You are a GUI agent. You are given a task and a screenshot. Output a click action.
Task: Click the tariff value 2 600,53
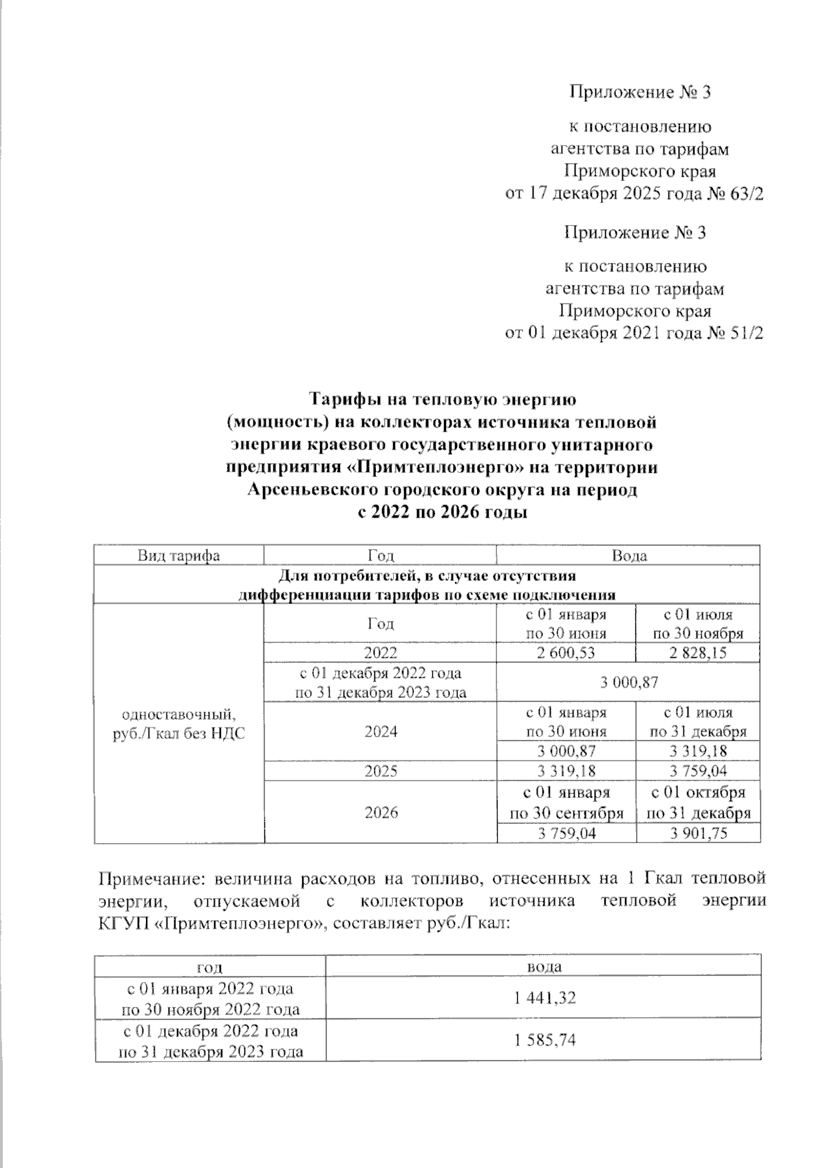pos(566,652)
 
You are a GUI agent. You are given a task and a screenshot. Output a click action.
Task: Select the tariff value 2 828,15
pos(698,652)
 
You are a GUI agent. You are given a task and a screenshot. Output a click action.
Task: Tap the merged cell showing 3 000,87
pos(628,682)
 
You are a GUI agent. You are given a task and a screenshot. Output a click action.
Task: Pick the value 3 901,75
pos(698,833)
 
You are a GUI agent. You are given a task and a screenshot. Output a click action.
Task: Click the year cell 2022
pos(381,652)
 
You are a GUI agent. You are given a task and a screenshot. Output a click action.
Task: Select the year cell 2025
pos(381,771)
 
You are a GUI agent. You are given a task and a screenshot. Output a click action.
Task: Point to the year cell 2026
pos(381,812)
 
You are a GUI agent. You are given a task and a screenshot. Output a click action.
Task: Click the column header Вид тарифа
pos(178,556)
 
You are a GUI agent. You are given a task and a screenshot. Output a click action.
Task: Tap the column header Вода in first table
pos(628,556)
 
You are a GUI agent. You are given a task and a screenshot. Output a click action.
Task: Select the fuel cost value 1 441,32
pos(544,997)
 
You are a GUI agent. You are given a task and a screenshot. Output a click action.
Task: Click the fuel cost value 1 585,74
pos(544,1040)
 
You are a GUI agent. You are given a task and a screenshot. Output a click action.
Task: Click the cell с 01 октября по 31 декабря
pos(698,803)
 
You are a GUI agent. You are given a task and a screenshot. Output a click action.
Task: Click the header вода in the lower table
pos(544,966)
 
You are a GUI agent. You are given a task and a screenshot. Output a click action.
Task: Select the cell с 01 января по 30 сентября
pos(566,803)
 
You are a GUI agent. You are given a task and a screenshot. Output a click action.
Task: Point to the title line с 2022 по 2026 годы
pos(441,513)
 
